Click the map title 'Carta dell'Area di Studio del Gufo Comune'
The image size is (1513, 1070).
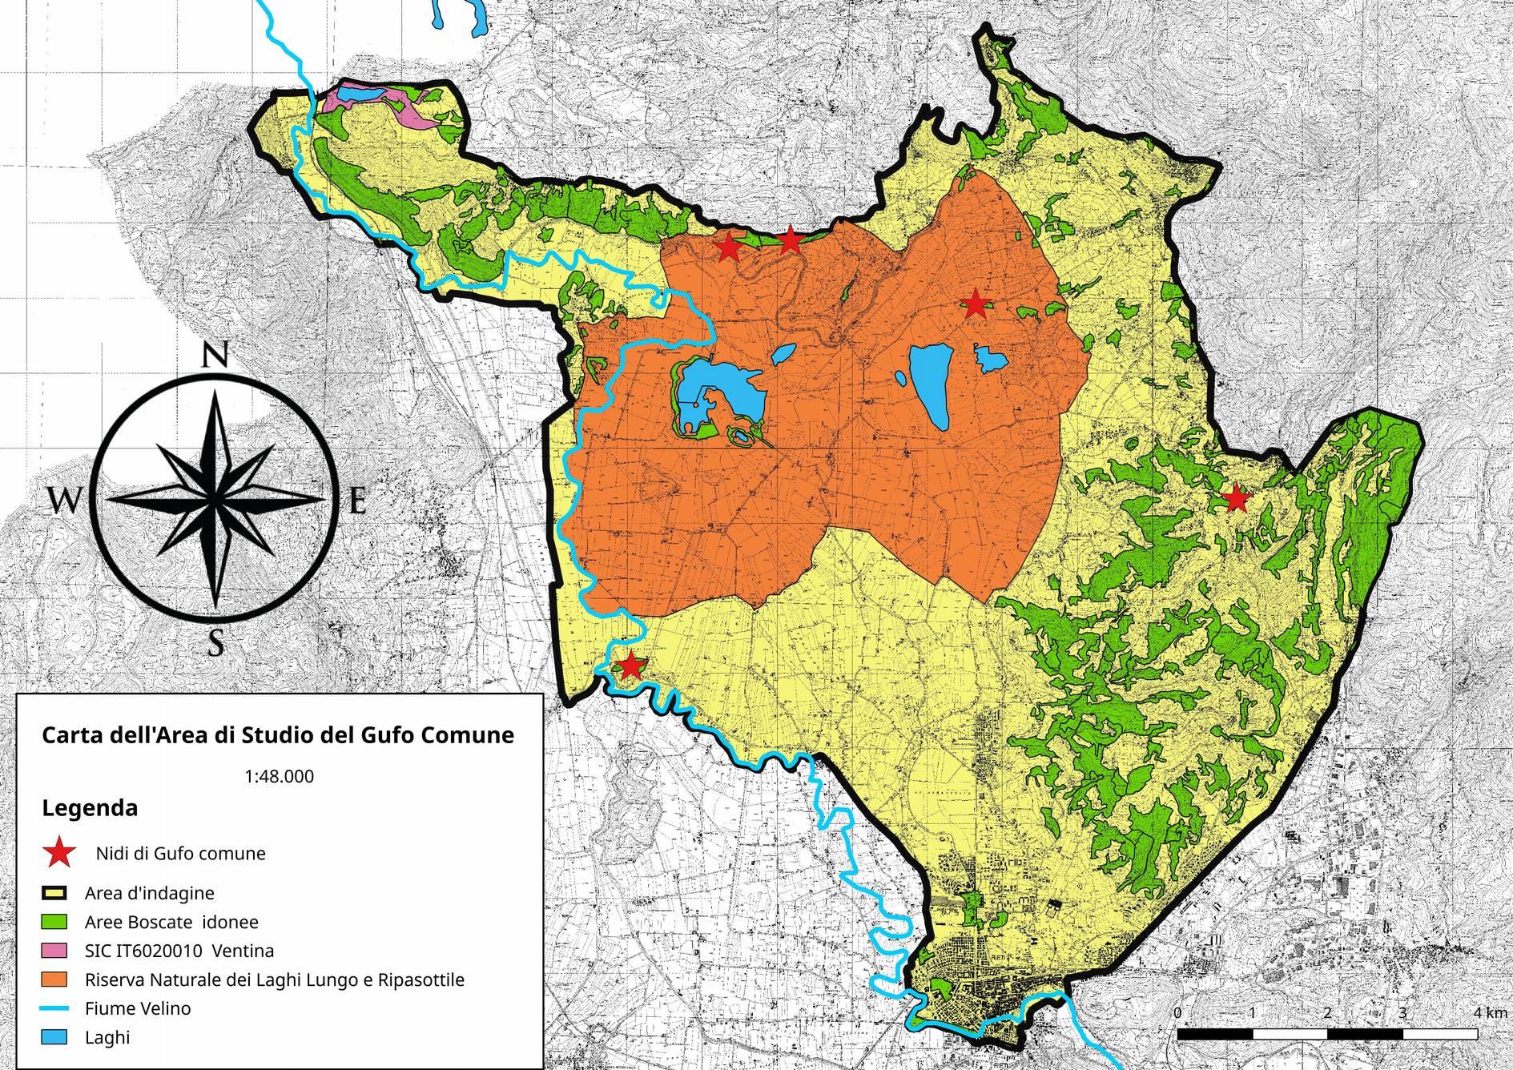pos(277,734)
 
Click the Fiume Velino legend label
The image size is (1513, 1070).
pos(138,1008)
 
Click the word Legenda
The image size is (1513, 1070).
pos(90,808)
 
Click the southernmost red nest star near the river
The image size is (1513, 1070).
pos(630,665)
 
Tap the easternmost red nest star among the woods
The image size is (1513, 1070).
pos(1237,498)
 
